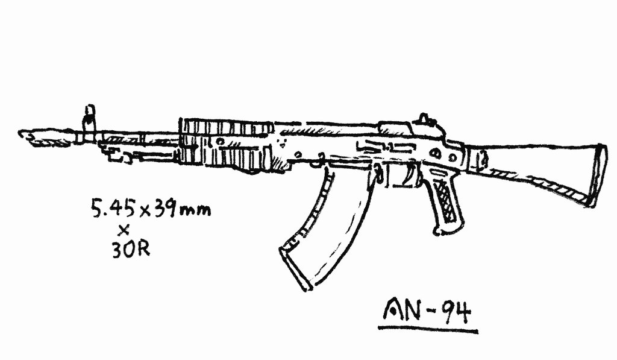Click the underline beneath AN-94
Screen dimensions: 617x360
pos(427,329)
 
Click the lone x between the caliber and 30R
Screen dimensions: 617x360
pos(124,229)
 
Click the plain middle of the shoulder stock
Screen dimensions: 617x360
pos(530,163)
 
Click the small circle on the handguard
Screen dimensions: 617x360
pos(221,141)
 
